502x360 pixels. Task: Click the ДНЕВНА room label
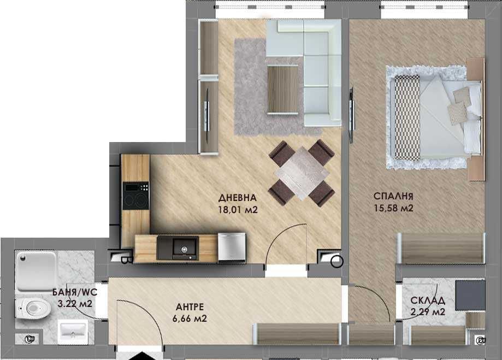click(x=237, y=198)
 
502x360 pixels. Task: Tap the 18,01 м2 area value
click(x=237, y=208)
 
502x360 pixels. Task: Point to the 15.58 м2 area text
click(x=393, y=208)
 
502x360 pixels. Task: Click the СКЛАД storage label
click(x=428, y=300)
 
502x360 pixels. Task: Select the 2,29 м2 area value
click(x=428, y=312)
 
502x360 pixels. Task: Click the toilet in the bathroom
click(x=32, y=308)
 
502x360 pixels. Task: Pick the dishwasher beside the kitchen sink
click(x=232, y=246)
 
